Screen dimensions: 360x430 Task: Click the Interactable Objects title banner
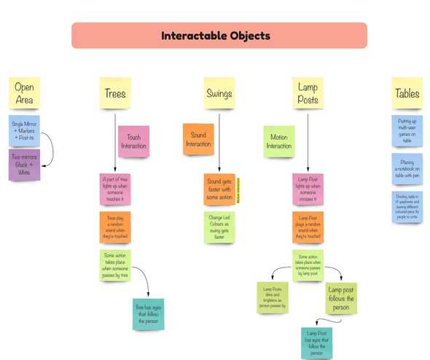219,35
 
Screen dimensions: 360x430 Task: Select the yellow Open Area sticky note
24,93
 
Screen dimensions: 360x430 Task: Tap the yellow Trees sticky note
115,93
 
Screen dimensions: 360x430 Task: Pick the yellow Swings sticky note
219,93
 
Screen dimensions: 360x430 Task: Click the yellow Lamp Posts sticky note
308,93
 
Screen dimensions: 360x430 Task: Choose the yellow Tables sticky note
407,93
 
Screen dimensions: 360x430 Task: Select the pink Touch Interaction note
133,141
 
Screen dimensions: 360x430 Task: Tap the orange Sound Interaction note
198,138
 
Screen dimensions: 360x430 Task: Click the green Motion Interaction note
278,141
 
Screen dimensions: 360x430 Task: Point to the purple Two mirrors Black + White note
25,164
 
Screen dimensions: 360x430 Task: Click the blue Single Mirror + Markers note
24,130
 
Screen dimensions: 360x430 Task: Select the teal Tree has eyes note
148,314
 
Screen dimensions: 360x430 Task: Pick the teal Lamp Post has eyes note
316,343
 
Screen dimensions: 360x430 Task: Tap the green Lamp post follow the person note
341,298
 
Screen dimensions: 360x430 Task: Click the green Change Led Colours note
219,227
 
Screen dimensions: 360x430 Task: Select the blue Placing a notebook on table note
407,167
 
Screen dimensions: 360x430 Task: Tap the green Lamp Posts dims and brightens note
272,298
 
